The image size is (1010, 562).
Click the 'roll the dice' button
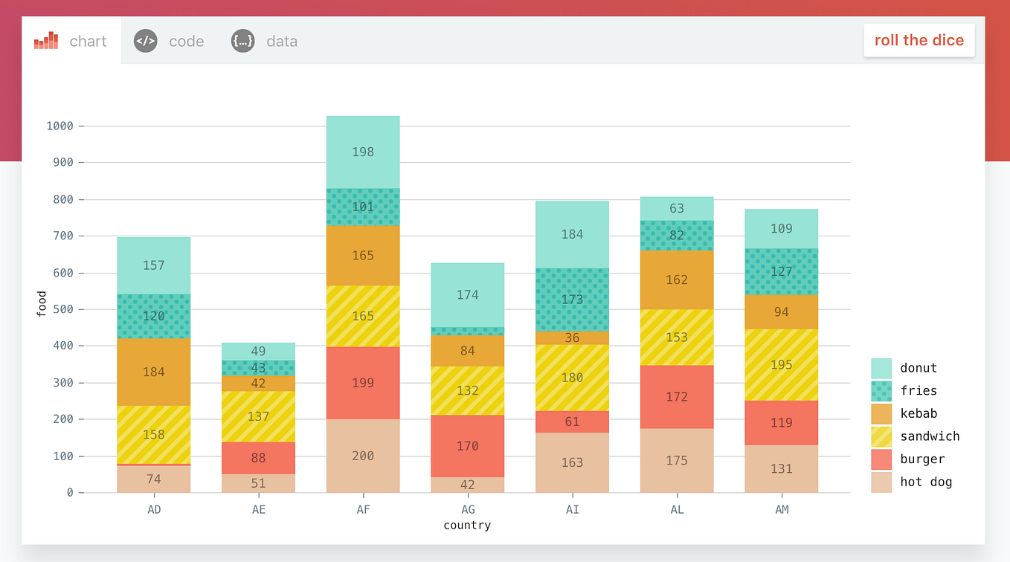point(919,41)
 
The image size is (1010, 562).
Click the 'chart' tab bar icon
point(46,41)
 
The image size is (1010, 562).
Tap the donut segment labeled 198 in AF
point(363,152)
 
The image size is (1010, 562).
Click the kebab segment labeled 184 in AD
point(154,372)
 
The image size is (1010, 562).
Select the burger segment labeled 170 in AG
point(468,446)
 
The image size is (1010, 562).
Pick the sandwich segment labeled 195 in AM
point(781,365)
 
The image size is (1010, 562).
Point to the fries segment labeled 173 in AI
point(572,300)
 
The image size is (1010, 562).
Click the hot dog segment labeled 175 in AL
point(677,460)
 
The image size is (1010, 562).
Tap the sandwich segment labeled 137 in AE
point(258,416)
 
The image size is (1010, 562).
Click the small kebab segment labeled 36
point(572,338)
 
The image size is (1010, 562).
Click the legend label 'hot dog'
point(925,482)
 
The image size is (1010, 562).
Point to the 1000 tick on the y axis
point(59,126)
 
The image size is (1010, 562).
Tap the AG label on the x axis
point(468,509)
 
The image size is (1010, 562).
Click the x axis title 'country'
point(467,526)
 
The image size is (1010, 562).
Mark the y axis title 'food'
point(42,305)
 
